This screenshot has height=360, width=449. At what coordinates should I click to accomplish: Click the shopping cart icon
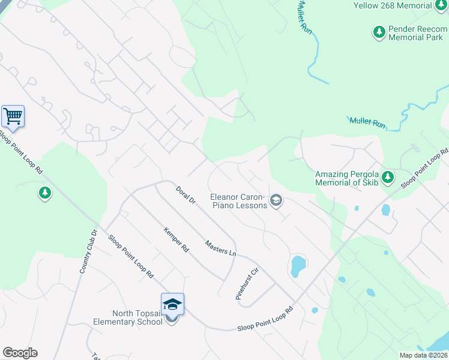[13, 116]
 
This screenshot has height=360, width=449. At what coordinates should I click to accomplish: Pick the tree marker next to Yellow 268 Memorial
[442, 5]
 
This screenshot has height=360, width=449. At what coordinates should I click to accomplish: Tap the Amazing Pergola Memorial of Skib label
[346, 178]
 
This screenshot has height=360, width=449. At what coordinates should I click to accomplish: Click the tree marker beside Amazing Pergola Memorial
[388, 177]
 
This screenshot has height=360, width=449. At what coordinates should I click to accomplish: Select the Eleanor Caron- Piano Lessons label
[238, 201]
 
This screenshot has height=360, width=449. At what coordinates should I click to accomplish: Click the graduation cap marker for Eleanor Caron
[276, 200]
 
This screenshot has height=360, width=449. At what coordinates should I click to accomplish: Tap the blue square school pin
[172, 304]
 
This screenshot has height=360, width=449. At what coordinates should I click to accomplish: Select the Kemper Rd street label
[176, 239]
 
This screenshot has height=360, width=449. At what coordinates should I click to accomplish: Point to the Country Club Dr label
[88, 252]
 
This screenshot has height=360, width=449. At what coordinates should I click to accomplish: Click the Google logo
[20, 353]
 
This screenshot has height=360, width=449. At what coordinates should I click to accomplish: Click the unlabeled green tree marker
[44, 193]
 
